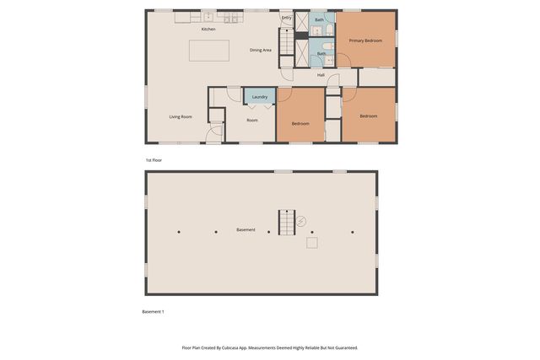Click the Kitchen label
pos(208,30)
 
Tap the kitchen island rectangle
pos(208,51)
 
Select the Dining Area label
pos(261,51)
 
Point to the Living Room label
pos(181,116)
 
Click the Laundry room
pos(260,97)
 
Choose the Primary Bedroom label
pos(365,40)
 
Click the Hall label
pos(321,75)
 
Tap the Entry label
pos(287,18)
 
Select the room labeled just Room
pos(252,120)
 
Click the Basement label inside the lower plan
pos(246,230)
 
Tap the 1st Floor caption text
pos(154,159)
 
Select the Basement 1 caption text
pos(153,312)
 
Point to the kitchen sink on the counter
pos(208,16)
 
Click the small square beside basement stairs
pos(312,243)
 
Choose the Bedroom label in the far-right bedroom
pos(368,116)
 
